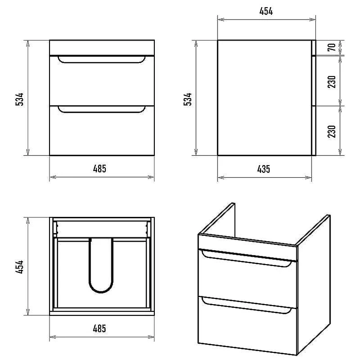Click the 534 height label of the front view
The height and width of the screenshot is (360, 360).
(20, 99)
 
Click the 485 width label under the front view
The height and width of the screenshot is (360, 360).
(99, 169)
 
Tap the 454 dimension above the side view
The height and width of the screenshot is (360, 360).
(266, 11)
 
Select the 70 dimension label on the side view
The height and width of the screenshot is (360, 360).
(332, 47)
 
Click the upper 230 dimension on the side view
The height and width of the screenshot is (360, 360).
(332, 82)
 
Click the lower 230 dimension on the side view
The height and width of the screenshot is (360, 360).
(332, 131)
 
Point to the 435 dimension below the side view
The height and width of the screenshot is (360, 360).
(264, 169)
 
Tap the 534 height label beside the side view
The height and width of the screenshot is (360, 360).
(188, 99)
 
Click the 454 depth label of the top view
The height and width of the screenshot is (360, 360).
(20, 267)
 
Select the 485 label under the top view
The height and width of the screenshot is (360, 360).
(99, 328)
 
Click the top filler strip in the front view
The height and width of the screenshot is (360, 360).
(102, 48)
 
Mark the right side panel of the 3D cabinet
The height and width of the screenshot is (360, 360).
(314, 285)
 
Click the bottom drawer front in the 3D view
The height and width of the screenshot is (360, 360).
(248, 325)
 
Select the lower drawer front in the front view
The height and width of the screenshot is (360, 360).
(102, 130)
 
